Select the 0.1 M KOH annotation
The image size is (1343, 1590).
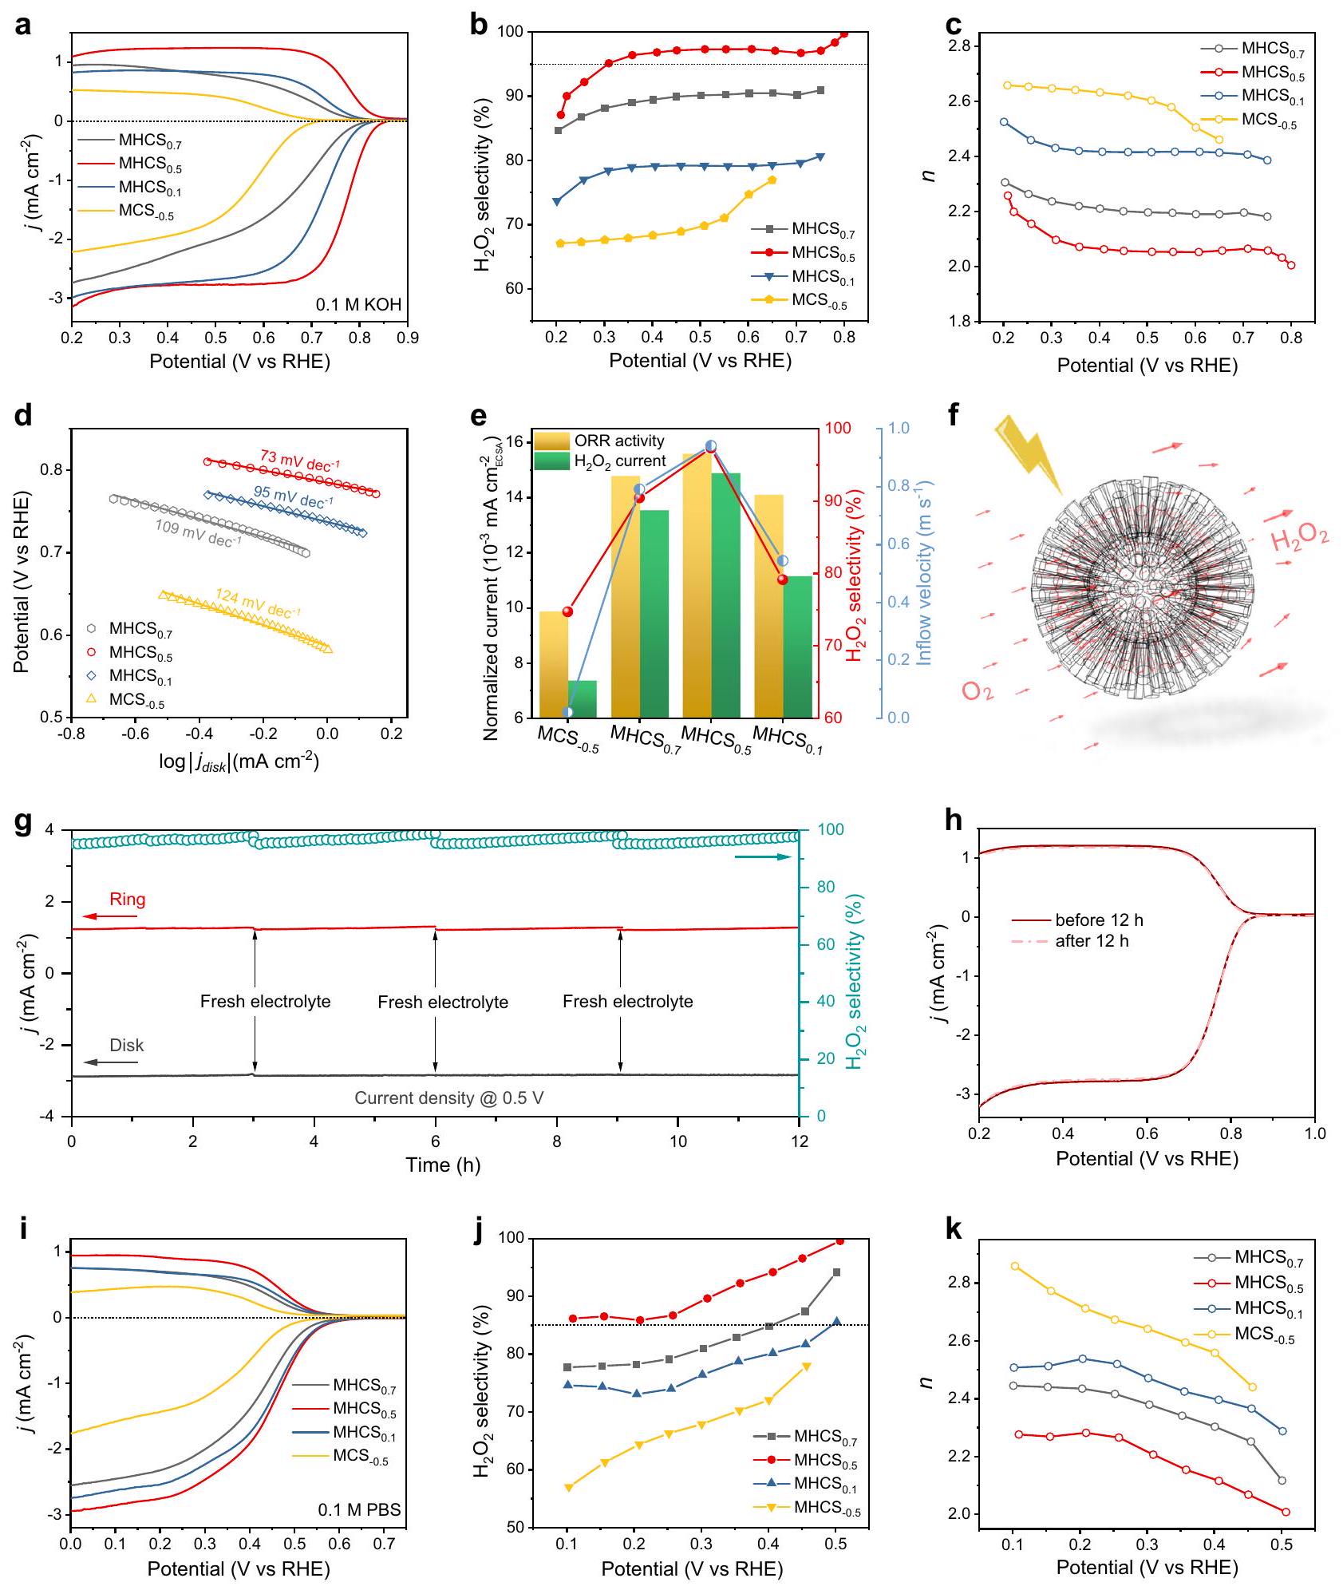358,304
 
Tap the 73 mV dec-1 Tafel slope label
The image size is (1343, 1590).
300,461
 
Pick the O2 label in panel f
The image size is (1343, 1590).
978,690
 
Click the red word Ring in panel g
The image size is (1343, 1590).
128,900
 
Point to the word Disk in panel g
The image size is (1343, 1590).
127,1046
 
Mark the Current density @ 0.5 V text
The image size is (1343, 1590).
449,1098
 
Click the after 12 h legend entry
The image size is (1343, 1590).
1092,941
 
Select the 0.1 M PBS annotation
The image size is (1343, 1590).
359,1509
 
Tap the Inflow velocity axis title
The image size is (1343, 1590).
924,572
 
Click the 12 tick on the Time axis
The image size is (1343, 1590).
800,1141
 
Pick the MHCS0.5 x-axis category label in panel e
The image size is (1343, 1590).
717,740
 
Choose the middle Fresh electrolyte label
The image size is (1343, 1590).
443,1002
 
